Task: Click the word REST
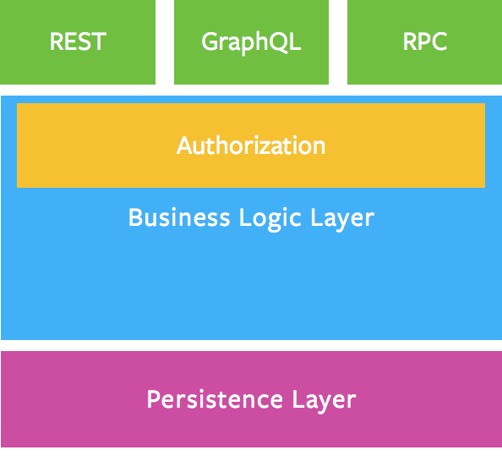coord(78,42)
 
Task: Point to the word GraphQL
coord(251,42)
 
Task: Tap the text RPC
coord(424,42)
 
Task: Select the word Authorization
coord(251,145)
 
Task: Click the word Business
coord(173,218)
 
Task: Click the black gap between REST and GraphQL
coord(165,42)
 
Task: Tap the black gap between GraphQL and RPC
coord(338,42)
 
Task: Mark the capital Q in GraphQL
coord(276,42)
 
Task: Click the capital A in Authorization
coord(184,145)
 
